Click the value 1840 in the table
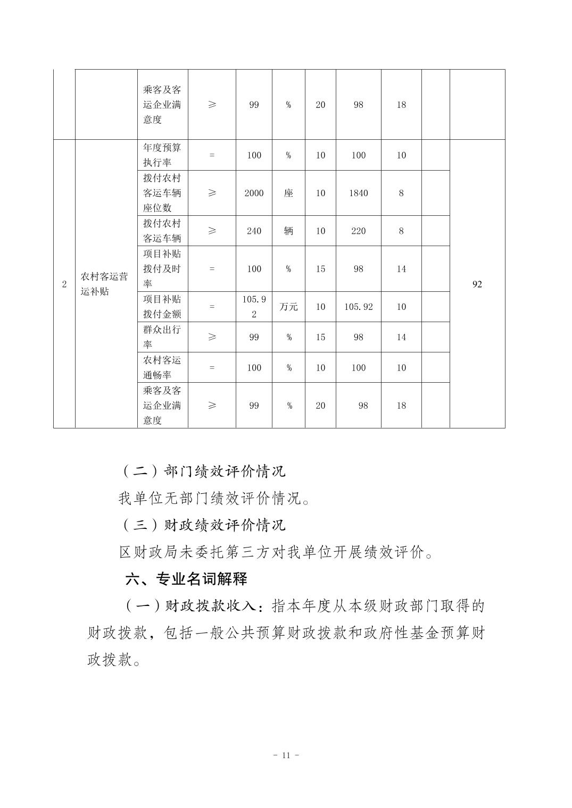pyautogui.click(x=358, y=193)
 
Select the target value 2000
pyautogui.click(x=254, y=193)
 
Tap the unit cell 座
pyautogui.click(x=288, y=193)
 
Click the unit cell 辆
pyautogui.click(x=288, y=231)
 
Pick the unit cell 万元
pyautogui.click(x=288, y=307)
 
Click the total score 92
pyautogui.click(x=477, y=284)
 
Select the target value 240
pyautogui.click(x=254, y=231)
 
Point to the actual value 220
pyautogui.click(x=358, y=231)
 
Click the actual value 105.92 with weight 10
pyautogui.click(x=358, y=307)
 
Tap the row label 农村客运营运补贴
pyautogui.click(x=104, y=284)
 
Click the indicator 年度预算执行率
pyautogui.click(x=162, y=155)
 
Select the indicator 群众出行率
pyautogui.click(x=162, y=337)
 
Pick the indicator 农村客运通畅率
pyautogui.click(x=162, y=367)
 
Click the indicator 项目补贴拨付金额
pyautogui.click(x=162, y=307)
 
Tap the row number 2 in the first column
pyautogui.click(x=64, y=284)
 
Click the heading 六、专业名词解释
pyautogui.click(x=186, y=579)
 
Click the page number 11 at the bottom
pyautogui.click(x=286, y=755)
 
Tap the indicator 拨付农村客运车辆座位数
pyautogui.click(x=162, y=193)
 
